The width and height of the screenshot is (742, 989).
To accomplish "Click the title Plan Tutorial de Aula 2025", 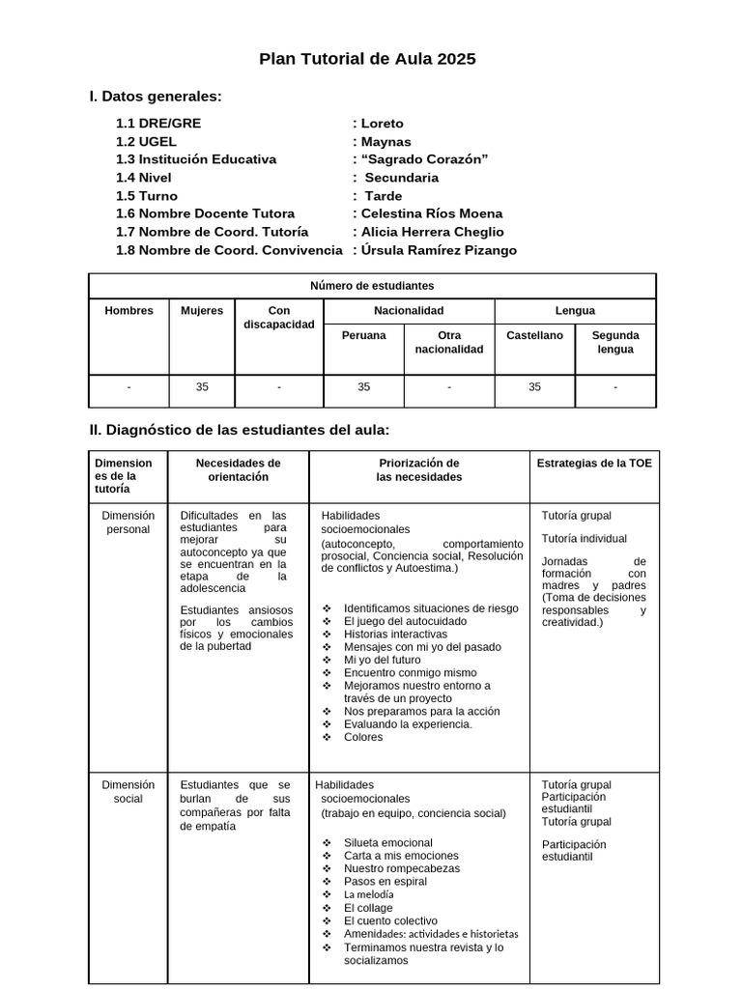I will coord(367,60).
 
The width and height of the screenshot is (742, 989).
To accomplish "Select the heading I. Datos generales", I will coord(155,97).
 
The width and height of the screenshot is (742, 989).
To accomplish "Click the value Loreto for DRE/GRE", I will coord(382,124).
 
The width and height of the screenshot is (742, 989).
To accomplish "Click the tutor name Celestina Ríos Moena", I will coord(431,213).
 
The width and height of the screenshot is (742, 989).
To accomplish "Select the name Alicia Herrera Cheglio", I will coord(432,232).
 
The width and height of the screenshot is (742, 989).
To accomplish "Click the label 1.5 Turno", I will coord(146,196).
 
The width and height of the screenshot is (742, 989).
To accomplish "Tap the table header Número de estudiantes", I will coord(372,286).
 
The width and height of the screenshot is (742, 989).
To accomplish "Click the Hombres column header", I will coord(128,311).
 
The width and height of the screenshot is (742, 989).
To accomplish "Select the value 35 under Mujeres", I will coord(202,387).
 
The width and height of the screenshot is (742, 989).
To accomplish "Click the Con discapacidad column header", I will coord(279,318).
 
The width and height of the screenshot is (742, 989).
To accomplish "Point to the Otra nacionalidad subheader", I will coord(449,342).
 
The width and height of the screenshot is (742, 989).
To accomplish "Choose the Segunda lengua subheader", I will coord(615,342).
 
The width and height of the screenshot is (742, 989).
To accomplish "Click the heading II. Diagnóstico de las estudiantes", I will coord(239,430).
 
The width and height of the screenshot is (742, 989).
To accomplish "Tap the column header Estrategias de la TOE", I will coord(594,464).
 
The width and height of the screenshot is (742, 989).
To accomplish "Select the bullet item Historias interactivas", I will coord(395,635).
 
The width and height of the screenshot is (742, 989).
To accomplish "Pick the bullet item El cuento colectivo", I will coord(390,921).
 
